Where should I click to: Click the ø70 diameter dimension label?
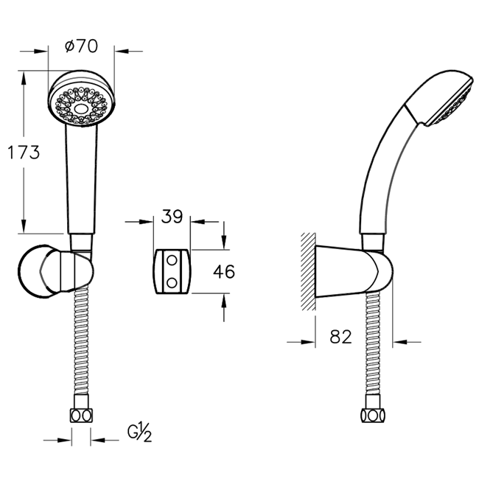(x=81, y=46)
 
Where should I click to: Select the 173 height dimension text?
(x=24, y=152)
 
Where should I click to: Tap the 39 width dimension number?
(x=172, y=216)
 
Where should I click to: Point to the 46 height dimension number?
(x=224, y=272)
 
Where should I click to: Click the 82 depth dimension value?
(x=340, y=337)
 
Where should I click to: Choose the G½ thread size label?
(x=139, y=432)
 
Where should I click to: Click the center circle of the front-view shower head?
(x=81, y=108)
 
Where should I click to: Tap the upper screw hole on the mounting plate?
(x=172, y=261)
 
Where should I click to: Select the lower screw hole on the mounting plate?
(x=172, y=283)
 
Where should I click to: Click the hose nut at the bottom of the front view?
(x=81, y=416)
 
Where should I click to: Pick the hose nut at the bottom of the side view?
(x=373, y=416)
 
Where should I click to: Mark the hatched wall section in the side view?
(x=308, y=272)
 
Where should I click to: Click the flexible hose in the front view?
(x=81, y=339)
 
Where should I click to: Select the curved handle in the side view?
(x=385, y=171)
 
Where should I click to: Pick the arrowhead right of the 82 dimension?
(x=399, y=342)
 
